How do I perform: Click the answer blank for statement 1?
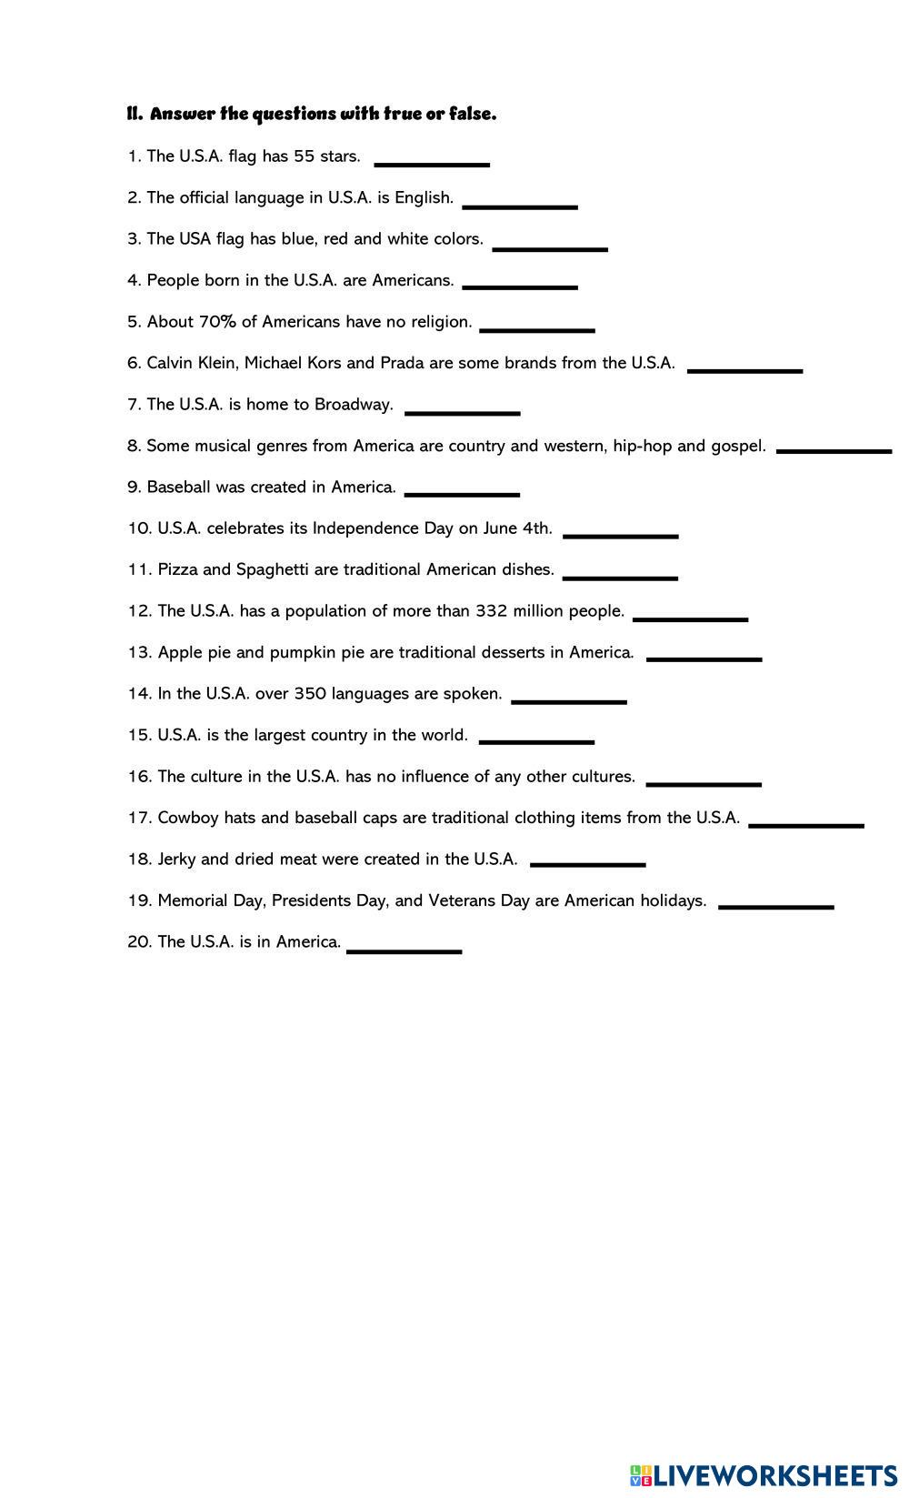432,164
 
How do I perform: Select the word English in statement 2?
424,198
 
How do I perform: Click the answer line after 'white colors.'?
549,247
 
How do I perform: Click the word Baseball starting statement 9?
179,488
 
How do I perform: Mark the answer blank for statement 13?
704,659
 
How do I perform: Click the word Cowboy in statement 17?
188,818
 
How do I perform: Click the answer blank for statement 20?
404,950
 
